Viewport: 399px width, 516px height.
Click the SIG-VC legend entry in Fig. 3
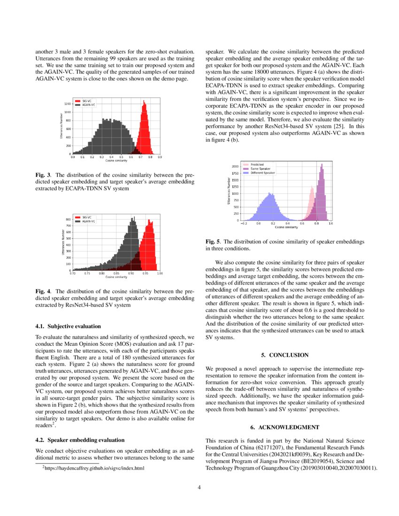(x=85, y=101)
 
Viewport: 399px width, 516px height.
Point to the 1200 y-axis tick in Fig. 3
(x=68, y=104)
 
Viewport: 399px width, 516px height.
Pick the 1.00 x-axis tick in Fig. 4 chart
(x=160, y=273)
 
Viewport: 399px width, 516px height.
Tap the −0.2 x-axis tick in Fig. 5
(x=244, y=224)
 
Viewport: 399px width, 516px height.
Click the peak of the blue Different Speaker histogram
(x=269, y=193)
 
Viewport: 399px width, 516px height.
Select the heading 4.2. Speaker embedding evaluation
(x=80, y=440)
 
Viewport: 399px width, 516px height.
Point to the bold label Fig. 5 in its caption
(x=213, y=241)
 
